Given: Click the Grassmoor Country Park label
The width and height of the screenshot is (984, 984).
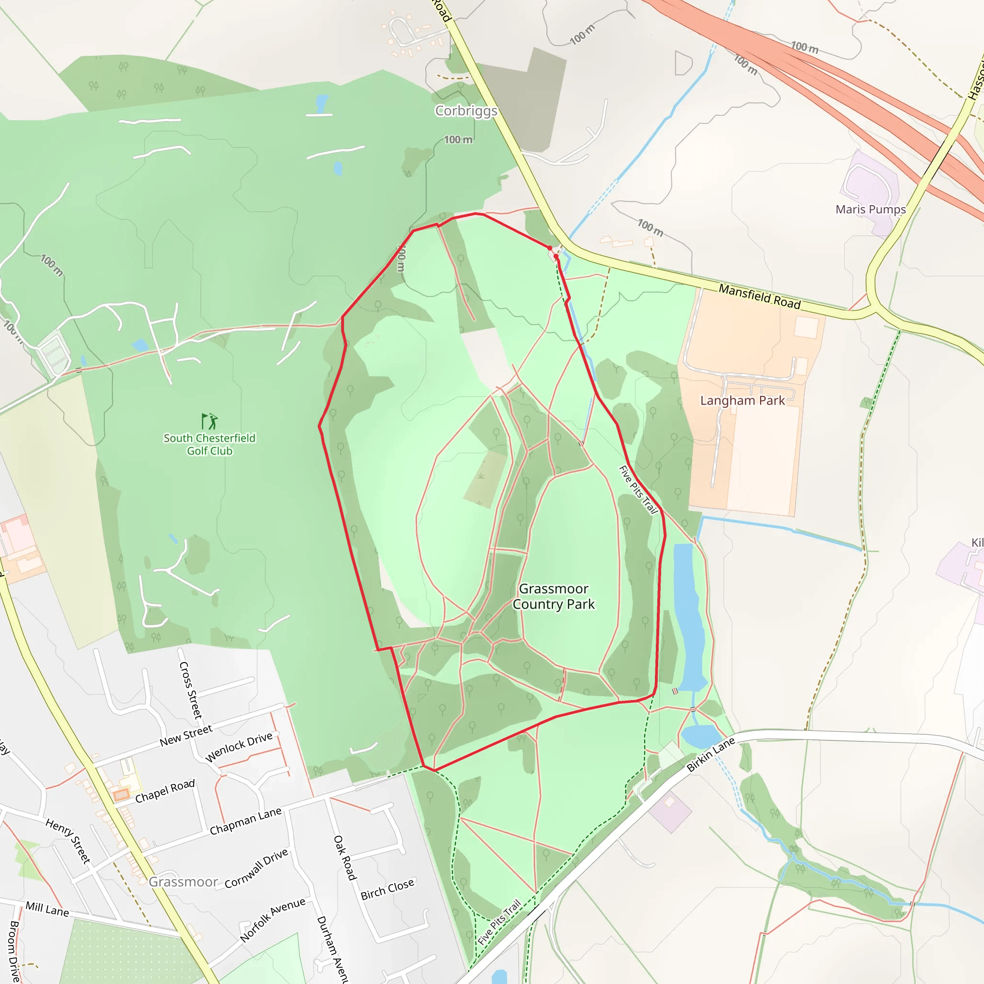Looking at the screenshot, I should [x=553, y=596].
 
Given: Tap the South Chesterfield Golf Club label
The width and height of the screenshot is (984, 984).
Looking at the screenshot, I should [x=209, y=444].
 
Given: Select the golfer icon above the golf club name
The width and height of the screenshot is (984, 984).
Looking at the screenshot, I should [x=209, y=421].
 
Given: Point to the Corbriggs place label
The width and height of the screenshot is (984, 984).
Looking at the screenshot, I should [x=466, y=111].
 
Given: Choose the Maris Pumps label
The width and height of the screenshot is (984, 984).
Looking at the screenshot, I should [x=871, y=209].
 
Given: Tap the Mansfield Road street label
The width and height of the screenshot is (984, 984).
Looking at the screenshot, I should [x=760, y=296].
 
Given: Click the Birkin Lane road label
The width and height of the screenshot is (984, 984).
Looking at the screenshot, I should [x=711, y=754].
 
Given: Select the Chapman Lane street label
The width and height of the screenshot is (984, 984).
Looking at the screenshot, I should [x=246, y=821].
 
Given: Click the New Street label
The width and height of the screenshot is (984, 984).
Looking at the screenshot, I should [x=186, y=736].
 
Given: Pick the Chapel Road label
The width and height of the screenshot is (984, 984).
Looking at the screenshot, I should [x=165, y=791].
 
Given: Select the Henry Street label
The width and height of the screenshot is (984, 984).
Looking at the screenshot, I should [x=68, y=841].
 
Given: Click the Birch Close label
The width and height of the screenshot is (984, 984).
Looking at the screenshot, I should [x=387, y=889].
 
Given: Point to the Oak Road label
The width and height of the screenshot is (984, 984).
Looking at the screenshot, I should [x=345, y=858].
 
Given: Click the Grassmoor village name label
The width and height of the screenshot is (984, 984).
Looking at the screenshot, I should [x=184, y=882].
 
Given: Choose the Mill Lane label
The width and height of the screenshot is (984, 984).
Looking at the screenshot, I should [x=47, y=909].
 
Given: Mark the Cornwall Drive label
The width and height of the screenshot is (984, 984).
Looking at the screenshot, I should [x=256, y=868].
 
